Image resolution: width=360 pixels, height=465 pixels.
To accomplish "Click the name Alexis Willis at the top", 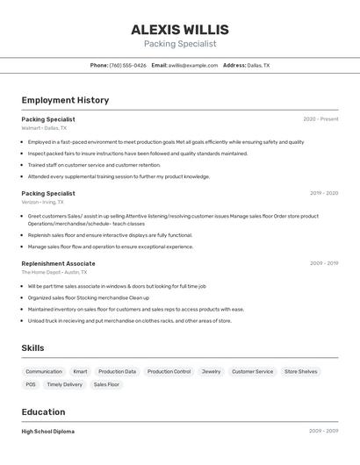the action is click(x=179, y=30).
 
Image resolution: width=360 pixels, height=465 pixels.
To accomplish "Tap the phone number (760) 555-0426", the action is click(x=127, y=65).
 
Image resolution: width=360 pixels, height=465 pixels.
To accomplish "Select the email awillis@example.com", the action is click(x=192, y=65).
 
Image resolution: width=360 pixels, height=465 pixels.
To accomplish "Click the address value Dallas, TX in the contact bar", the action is click(x=258, y=65).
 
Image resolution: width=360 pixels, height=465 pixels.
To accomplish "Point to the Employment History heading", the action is click(x=65, y=100).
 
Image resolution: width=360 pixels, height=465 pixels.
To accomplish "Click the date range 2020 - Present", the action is click(x=320, y=119).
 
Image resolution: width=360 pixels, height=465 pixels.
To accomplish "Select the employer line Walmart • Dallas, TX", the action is click(x=44, y=128).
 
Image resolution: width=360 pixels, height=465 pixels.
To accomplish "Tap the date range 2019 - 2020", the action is click(x=324, y=193).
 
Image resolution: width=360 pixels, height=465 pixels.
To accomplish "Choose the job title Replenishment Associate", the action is click(x=58, y=263).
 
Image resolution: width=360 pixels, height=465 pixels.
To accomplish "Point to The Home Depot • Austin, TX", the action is click(x=54, y=272).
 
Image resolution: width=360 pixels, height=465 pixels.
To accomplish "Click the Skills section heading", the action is click(x=32, y=348).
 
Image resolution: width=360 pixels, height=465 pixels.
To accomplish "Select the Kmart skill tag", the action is click(x=80, y=371).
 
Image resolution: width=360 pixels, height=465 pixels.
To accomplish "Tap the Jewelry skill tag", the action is click(x=211, y=371).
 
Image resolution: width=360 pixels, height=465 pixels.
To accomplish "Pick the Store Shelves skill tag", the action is click(x=300, y=371).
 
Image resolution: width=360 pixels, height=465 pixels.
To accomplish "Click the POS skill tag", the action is click(x=31, y=384).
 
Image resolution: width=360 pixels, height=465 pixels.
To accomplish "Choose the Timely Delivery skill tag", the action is click(x=65, y=384).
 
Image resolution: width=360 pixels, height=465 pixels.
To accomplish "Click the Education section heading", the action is click(x=43, y=411).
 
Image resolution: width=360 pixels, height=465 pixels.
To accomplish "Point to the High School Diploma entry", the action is click(x=48, y=432).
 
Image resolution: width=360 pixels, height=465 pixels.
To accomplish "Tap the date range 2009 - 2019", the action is click(x=324, y=263).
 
